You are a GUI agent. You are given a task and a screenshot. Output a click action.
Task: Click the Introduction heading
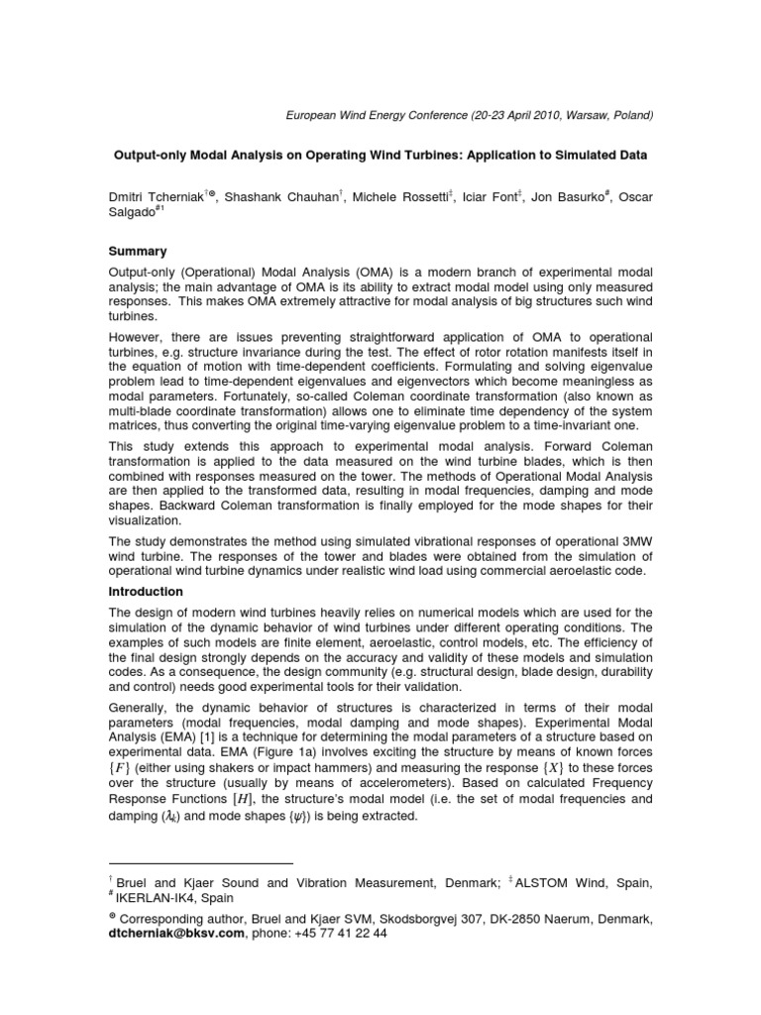146,591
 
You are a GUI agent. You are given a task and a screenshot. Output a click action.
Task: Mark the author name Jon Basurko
568,198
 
